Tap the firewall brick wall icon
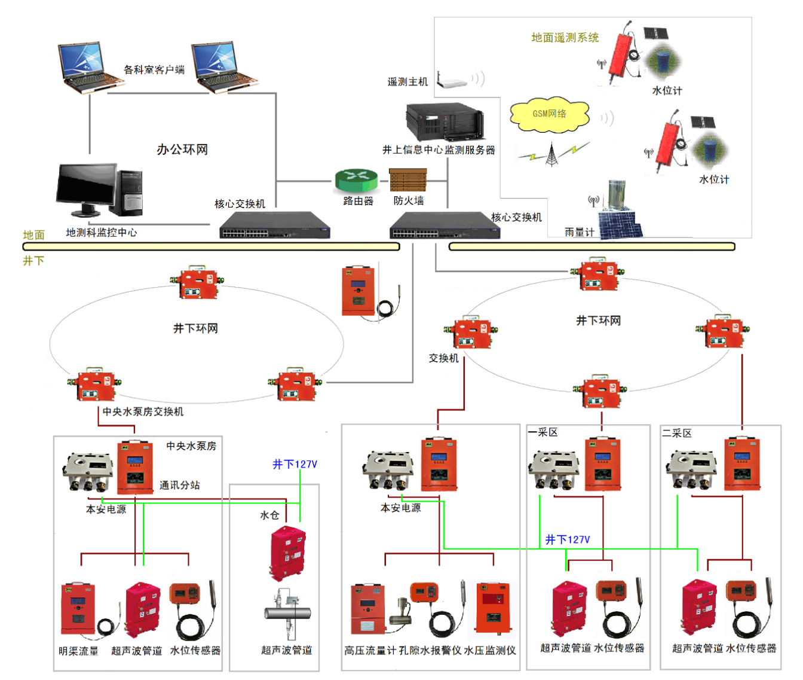click(408, 180)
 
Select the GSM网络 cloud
click(550, 114)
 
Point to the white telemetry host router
click(452, 81)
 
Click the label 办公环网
click(182, 150)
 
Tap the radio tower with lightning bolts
click(551, 154)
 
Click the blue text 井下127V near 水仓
click(295, 464)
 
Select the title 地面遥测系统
click(565, 38)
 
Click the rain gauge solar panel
click(621, 226)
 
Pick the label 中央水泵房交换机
click(143, 411)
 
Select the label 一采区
click(543, 432)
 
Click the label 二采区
click(677, 433)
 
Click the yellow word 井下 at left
click(33, 261)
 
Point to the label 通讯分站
click(180, 485)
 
